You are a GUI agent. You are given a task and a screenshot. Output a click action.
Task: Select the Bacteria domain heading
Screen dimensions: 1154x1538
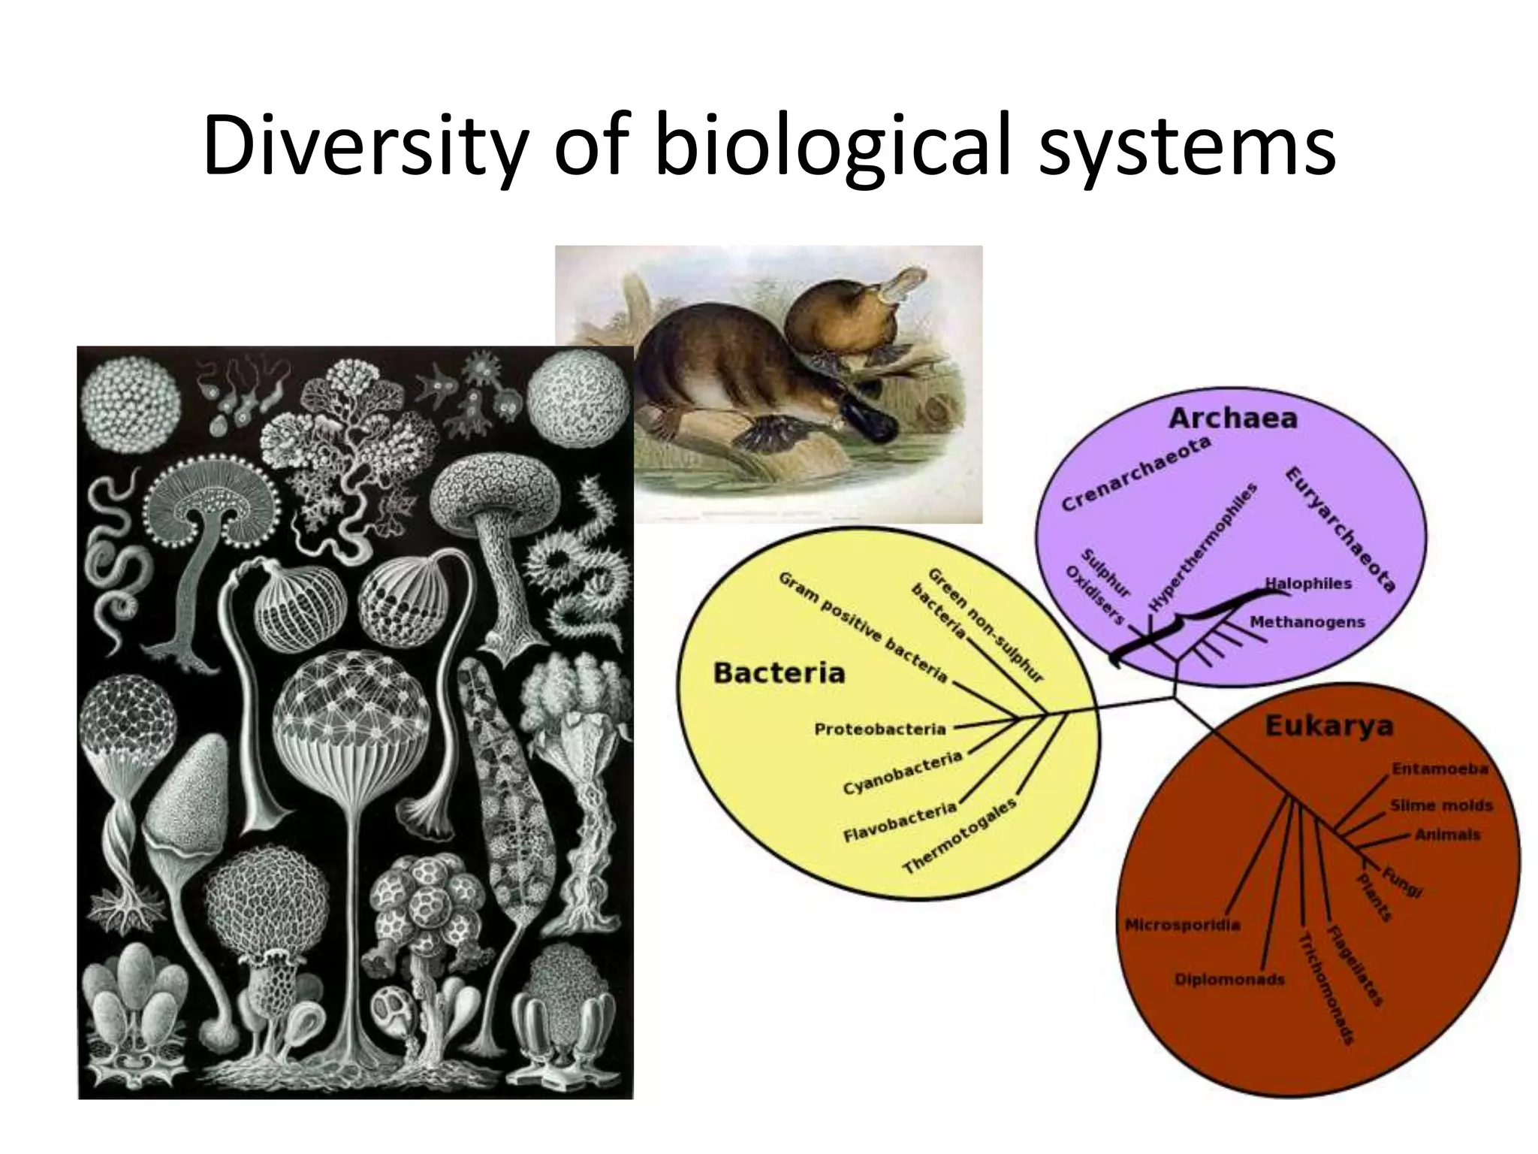point(779,672)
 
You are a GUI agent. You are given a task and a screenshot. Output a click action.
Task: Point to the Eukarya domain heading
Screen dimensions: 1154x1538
point(1328,726)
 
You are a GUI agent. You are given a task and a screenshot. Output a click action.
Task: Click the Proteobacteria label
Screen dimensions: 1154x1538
point(879,729)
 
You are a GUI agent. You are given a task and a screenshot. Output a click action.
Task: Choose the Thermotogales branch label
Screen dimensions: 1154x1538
point(960,836)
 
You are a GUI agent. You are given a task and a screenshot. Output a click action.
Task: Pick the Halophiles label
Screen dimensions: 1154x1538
point(1308,584)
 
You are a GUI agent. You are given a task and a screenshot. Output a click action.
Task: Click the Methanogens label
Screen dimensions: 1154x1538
point(1307,622)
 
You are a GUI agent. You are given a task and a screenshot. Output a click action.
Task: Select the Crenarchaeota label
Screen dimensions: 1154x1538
point(1135,474)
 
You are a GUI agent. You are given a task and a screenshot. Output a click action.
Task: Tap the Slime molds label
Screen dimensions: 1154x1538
point(1441,805)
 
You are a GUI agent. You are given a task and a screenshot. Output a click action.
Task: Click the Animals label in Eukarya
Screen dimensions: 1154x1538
point(1447,835)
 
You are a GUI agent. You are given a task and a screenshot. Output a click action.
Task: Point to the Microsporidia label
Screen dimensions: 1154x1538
point(1182,925)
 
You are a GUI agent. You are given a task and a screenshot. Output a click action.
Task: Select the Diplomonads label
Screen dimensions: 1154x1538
point(1229,980)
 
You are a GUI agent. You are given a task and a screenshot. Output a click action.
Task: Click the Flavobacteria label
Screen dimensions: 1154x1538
point(900,822)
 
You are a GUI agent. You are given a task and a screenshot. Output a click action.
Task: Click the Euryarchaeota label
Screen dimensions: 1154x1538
point(1340,530)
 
